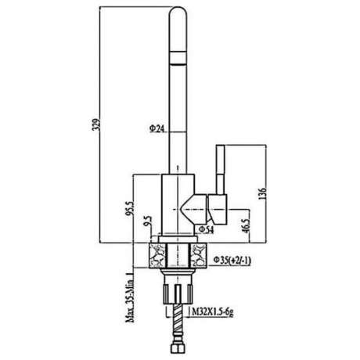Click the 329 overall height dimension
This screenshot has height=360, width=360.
[98, 125]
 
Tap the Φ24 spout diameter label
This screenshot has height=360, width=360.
[157, 128]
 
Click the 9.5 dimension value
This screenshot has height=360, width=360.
[148, 221]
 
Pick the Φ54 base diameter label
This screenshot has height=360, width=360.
[207, 229]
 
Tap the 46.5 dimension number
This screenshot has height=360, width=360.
[247, 224]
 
